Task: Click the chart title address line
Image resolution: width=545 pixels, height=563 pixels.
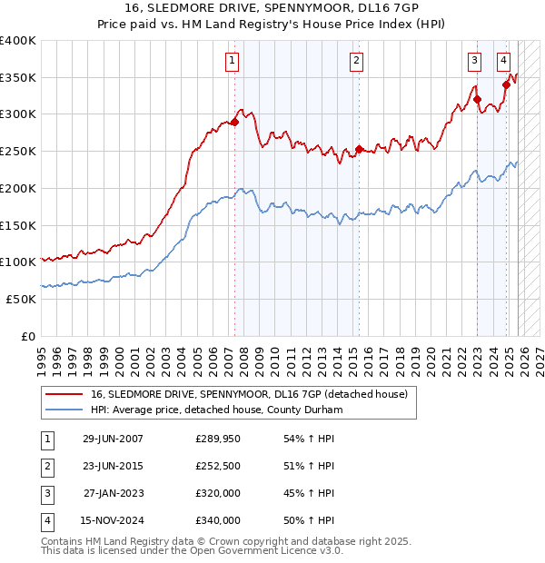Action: [272, 8]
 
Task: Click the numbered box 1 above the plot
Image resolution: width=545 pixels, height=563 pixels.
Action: [233, 61]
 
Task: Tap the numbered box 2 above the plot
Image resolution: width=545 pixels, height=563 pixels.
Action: [357, 61]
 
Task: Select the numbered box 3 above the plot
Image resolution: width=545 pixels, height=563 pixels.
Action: [475, 61]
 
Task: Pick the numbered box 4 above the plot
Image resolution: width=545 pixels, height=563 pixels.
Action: [503, 61]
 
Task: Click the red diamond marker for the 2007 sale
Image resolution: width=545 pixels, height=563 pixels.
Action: [234, 122]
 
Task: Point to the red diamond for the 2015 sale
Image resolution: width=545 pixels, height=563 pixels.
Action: [359, 150]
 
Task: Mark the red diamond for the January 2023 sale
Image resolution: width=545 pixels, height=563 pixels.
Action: [477, 100]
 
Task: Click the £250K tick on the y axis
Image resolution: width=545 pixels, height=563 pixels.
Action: [18, 151]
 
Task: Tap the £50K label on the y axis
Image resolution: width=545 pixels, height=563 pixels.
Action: [21, 299]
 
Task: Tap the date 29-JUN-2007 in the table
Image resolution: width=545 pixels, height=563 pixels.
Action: [113, 438]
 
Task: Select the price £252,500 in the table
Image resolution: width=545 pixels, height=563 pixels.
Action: [218, 466]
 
